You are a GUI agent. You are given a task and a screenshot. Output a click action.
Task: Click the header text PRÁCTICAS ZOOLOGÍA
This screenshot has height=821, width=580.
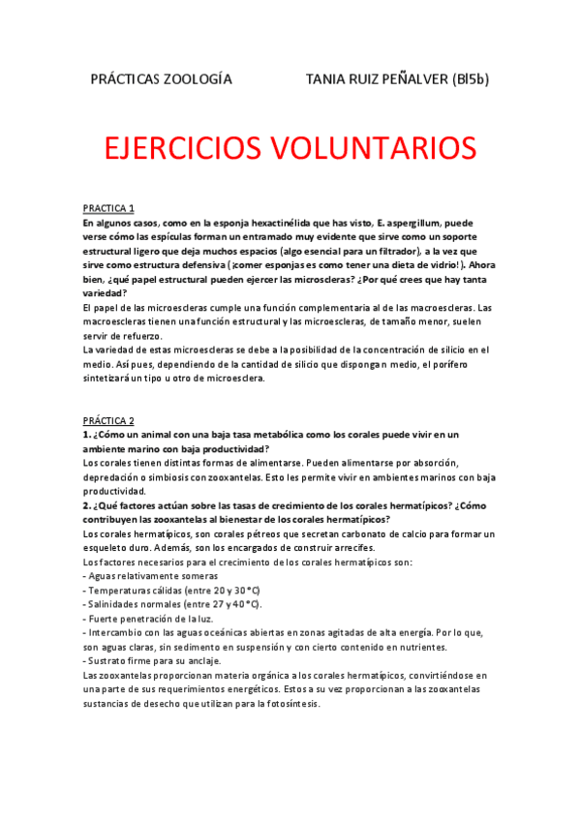pyautogui.click(x=160, y=79)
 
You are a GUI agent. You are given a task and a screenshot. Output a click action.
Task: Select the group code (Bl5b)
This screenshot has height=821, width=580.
pyautogui.click(x=470, y=79)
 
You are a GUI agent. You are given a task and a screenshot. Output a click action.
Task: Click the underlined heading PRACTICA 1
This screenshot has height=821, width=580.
pyautogui.click(x=108, y=208)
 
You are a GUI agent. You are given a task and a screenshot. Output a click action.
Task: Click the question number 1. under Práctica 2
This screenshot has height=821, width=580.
pyautogui.click(x=86, y=435)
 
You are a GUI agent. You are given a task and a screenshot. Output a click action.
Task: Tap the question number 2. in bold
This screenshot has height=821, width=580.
pyautogui.click(x=86, y=505)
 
